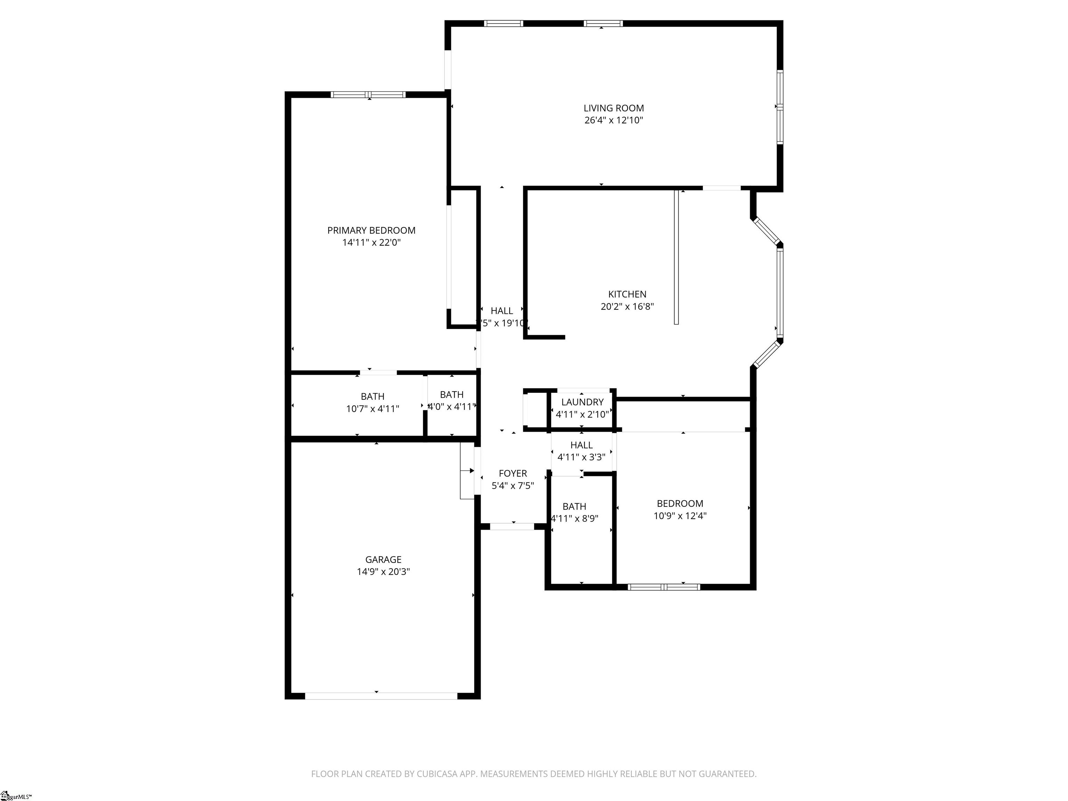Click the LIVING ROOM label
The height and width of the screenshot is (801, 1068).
pyautogui.click(x=613, y=108)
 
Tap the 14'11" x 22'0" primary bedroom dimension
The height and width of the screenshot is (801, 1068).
pyautogui.click(x=371, y=242)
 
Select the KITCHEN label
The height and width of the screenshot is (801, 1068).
pyautogui.click(x=627, y=294)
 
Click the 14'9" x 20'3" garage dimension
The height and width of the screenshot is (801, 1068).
pyautogui.click(x=383, y=572)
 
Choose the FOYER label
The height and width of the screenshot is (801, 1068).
pyautogui.click(x=512, y=473)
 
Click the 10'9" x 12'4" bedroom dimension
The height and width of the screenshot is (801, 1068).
pyautogui.click(x=680, y=516)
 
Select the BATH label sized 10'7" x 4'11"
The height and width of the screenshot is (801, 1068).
pyautogui.click(x=372, y=396)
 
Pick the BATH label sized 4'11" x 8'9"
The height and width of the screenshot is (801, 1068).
pyautogui.click(x=574, y=507)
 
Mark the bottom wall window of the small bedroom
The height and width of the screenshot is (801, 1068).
pyautogui.click(x=664, y=587)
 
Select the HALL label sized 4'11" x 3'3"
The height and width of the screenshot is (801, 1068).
pyautogui.click(x=581, y=445)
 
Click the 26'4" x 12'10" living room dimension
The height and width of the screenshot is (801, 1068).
pyautogui.click(x=613, y=120)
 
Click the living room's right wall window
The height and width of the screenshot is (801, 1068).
pyautogui.click(x=779, y=107)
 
